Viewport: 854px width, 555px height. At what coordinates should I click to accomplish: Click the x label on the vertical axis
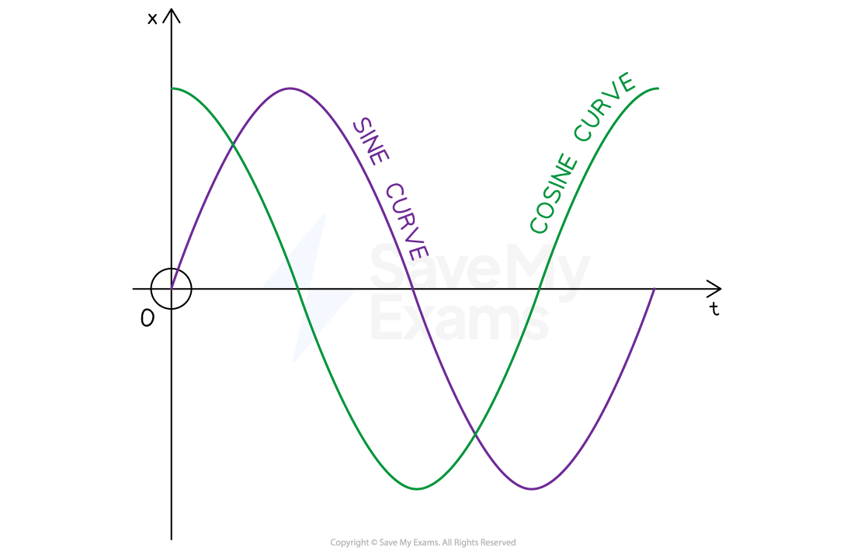[x=152, y=19]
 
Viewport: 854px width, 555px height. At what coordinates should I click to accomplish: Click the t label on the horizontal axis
[x=714, y=309]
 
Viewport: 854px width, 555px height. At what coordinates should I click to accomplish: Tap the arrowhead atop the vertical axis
[x=172, y=16]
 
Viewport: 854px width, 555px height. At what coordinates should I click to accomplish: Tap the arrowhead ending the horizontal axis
[x=714, y=288]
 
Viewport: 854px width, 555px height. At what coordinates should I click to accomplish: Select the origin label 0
[x=147, y=317]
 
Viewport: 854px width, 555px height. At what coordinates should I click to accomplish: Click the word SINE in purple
[x=371, y=141]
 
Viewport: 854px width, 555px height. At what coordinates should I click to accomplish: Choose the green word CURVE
[x=605, y=107]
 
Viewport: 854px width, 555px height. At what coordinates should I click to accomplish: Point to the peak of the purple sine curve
[x=290, y=88]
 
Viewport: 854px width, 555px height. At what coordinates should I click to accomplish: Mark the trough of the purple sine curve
[x=532, y=489]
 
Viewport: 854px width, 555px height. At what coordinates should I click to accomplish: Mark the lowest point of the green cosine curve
[x=417, y=489]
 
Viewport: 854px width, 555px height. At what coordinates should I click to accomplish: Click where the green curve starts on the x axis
[x=172, y=88]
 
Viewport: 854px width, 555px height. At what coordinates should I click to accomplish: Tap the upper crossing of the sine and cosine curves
[x=233, y=144]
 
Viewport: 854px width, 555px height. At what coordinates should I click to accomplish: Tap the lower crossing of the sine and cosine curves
[x=475, y=434]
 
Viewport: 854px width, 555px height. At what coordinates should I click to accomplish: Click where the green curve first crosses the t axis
[x=297, y=289]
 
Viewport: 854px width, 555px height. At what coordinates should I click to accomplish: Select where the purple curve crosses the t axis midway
[x=412, y=289]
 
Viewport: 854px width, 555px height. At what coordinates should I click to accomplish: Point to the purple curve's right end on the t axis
[x=654, y=289]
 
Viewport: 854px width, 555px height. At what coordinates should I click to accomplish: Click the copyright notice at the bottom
[x=422, y=543]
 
